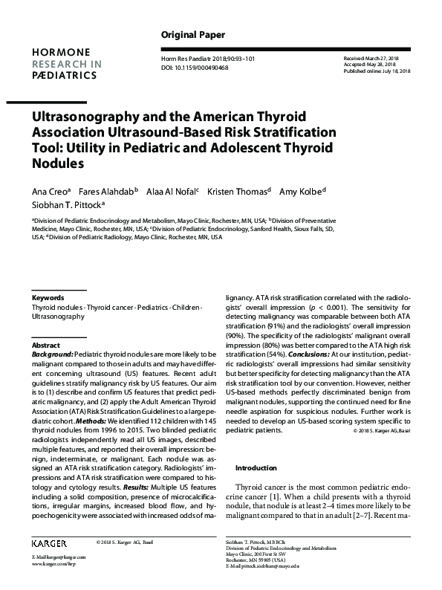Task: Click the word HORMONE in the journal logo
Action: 59,51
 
